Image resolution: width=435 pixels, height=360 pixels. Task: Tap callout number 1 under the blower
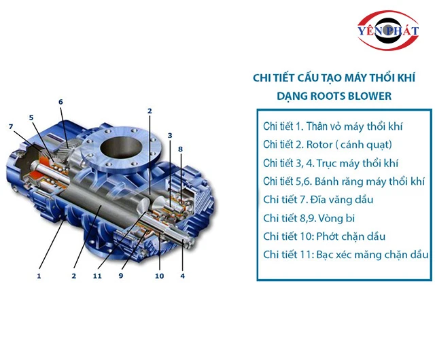click(x=39, y=276)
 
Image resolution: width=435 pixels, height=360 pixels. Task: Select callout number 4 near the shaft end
click(x=182, y=276)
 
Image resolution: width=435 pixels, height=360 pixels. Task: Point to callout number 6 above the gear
click(x=60, y=102)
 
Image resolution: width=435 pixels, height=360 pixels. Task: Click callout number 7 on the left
click(x=11, y=126)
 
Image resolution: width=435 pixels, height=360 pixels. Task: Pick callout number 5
click(x=31, y=117)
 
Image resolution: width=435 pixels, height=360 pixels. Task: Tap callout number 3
click(x=170, y=135)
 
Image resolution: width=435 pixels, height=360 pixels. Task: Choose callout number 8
click(x=179, y=149)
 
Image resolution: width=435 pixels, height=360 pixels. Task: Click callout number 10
click(x=159, y=276)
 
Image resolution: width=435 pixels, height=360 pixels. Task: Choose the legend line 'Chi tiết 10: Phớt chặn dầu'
click(x=324, y=236)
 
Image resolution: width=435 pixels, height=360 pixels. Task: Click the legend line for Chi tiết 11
click(x=345, y=255)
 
